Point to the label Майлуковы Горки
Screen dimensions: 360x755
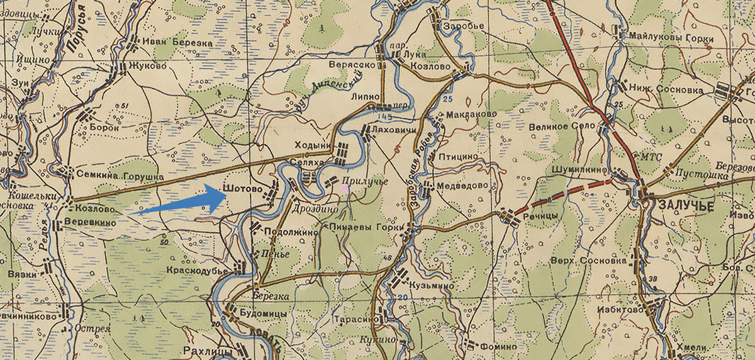671,39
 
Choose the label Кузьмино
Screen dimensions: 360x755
432,285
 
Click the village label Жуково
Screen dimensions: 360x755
148,65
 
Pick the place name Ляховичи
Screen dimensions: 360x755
394,129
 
